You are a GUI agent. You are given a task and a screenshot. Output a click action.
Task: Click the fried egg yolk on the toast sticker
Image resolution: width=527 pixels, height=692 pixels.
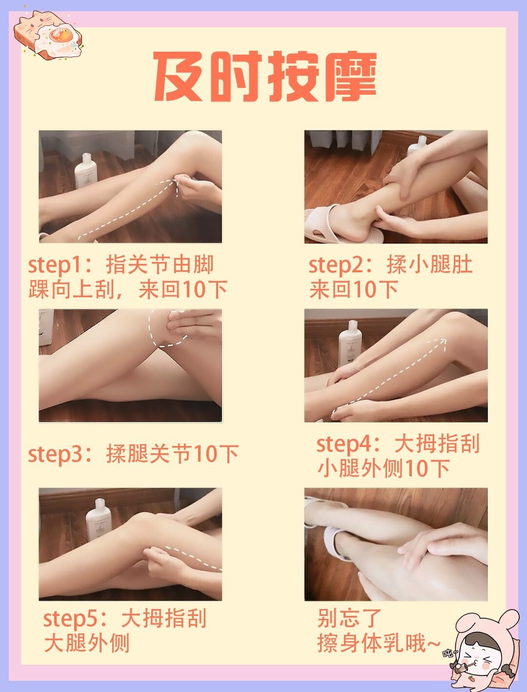(60, 36)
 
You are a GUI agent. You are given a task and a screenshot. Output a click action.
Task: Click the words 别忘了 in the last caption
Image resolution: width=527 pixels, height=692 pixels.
(349, 618)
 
